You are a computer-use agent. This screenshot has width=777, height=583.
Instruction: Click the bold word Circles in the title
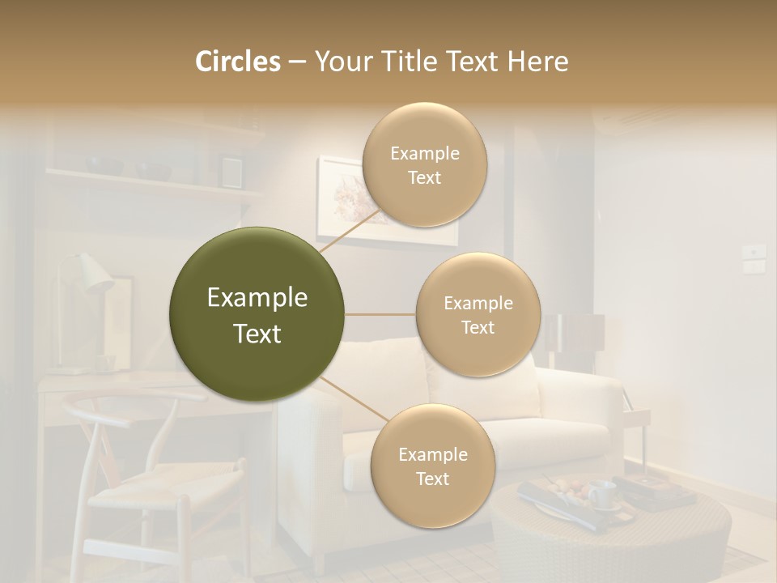pyautogui.click(x=238, y=62)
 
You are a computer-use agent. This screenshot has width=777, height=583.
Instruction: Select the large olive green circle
pyautogui.click(x=257, y=313)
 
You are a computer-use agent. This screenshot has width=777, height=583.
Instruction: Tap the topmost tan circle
pyautogui.click(x=424, y=164)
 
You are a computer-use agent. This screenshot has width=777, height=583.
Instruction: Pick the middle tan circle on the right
pyautogui.click(x=478, y=314)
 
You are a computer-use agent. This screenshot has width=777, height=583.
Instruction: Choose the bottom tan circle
pyautogui.click(x=432, y=466)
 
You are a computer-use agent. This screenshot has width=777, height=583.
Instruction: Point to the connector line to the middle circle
pyautogui.click(x=380, y=314)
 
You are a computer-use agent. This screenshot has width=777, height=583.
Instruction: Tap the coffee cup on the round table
pyautogui.click(x=601, y=493)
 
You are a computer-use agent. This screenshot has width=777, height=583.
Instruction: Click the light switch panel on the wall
pyautogui.click(x=754, y=257)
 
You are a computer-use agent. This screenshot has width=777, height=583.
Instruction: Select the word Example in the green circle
pyautogui.click(x=257, y=298)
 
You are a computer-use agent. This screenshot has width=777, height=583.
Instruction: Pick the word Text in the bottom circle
pyautogui.click(x=432, y=479)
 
